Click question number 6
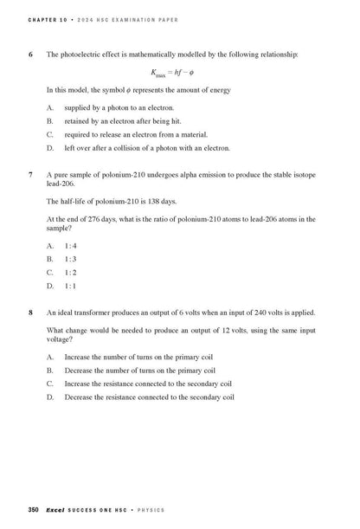30,54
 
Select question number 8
30,312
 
